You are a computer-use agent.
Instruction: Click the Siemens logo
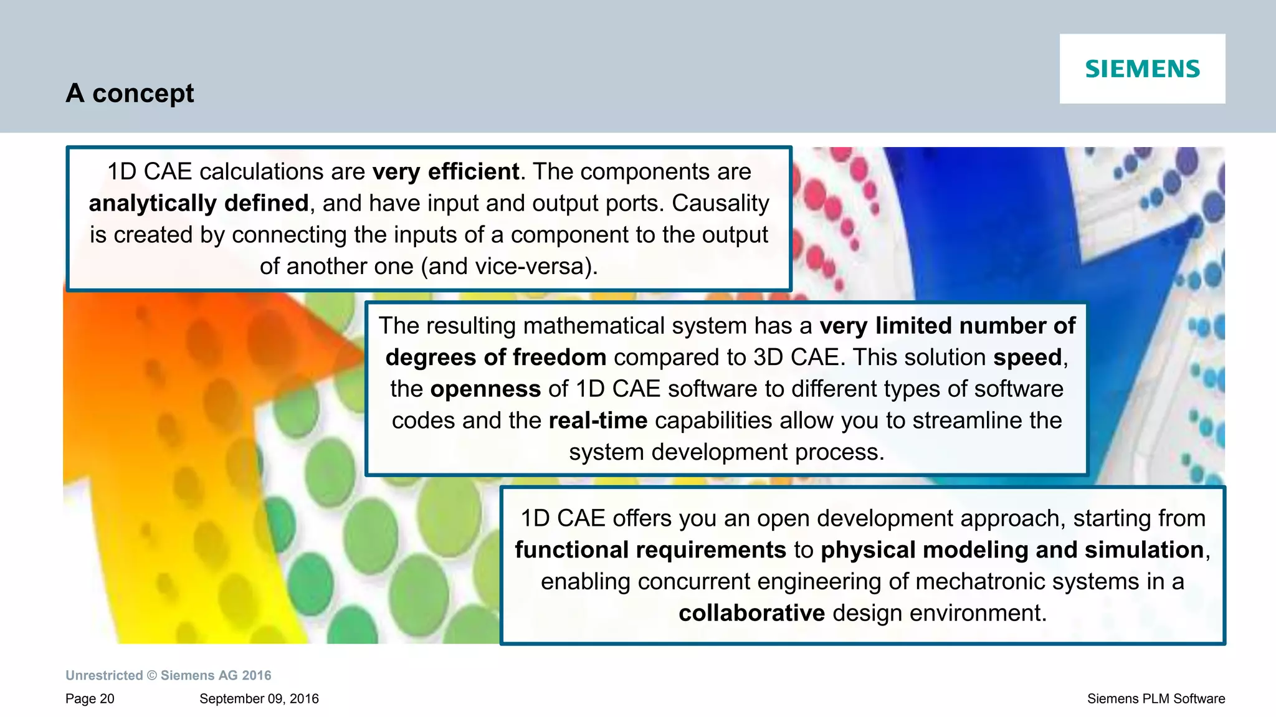[x=1142, y=69]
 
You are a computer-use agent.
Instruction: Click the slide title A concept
[x=130, y=93]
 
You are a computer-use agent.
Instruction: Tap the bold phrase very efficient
[x=445, y=171]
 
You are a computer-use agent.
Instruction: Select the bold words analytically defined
[x=199, y=203]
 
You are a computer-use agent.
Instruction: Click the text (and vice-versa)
[x=509, y=266]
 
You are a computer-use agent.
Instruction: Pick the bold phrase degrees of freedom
[x=496, y=358]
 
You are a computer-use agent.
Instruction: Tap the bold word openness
[x=485, y=389]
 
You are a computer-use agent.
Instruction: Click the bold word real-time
[x=598, y=420]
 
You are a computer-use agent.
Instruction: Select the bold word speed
[x=1027, y=358]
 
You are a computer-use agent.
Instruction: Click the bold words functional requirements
[x=650, y=550]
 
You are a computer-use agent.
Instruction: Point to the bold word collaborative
[x=751, y=613]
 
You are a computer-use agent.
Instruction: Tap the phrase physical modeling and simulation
[x=1012, y=550]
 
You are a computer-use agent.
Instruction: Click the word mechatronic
[x=974, y=582]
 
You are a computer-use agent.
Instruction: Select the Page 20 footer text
[x=90, y=699]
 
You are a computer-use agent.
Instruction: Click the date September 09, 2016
[x=259, y=699]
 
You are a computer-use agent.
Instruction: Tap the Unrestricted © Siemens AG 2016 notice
[x=168, y=675]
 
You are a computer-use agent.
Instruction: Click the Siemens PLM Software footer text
[x=1156, y=699]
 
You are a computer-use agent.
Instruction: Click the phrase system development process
[x=726, y=452]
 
